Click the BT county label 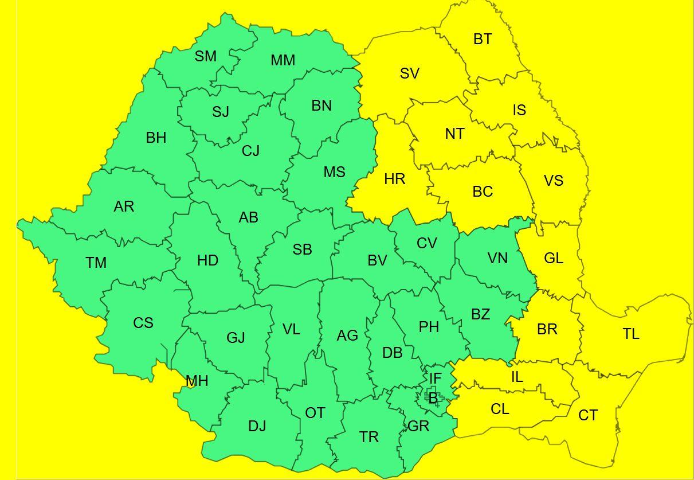pos(483,40)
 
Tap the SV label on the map pos(409,73)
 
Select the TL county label pos(631,334)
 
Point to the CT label pos(588,415)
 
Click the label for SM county pos(206,56)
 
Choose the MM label pos(283,60)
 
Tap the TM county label pos(96,263)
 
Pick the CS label pos(143,323)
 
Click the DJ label pos(257,426)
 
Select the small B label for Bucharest pos(433,397)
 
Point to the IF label pos(436,378)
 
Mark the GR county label pos(418,426)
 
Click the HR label pos(395,179)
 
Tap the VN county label pos(497,258)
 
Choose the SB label pos(302,249)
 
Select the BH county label pos(156,138)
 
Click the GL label pos(554,258)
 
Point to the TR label pos(369,437)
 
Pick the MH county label pos(197,381)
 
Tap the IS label pos(519,110)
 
